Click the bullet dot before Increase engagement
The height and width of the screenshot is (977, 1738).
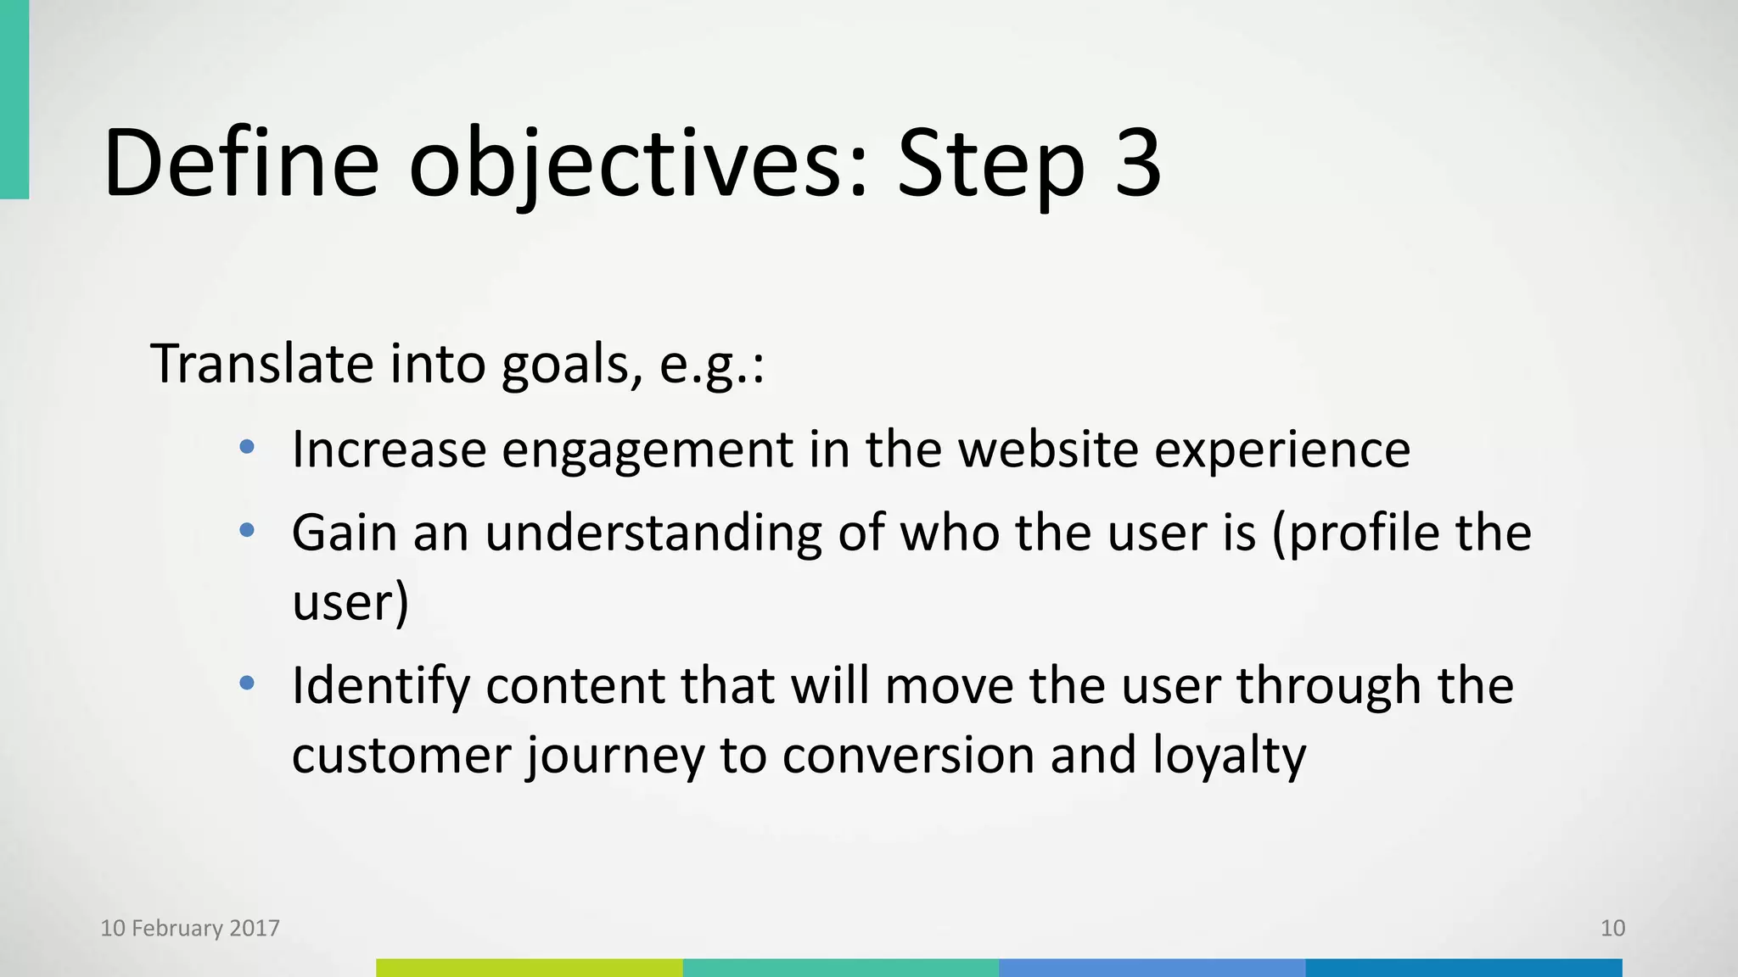247,447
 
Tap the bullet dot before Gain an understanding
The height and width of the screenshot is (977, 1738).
247,531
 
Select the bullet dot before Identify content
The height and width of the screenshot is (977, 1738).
247,683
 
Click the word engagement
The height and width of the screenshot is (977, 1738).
647,451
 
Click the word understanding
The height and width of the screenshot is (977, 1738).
653,534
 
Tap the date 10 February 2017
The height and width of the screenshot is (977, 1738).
190,928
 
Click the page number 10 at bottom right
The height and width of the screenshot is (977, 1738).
1612,928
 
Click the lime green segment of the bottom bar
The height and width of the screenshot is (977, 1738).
530,968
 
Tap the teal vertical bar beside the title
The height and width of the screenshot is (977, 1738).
14,99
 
